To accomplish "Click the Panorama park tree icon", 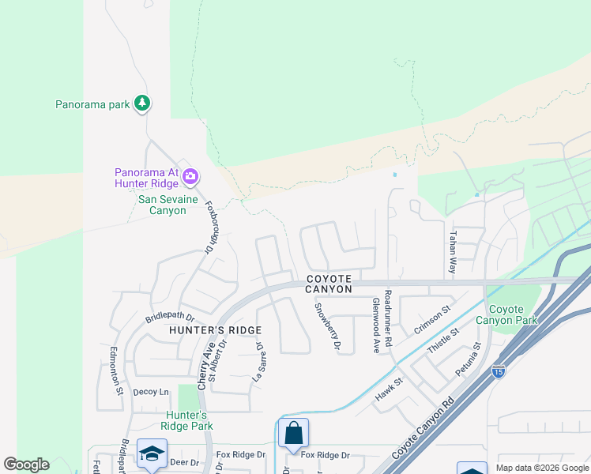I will (142, 103).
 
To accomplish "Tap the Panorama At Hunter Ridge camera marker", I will (190, 175).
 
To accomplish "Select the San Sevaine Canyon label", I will (162, 205).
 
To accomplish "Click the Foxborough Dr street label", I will (211, 226).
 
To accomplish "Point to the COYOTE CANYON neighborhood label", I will (329, 284).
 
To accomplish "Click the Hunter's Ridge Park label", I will (186, 420).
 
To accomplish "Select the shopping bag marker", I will (293, 433).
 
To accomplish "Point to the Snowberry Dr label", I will (327, 327).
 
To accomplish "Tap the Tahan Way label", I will (453, 252).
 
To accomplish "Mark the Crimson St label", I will (431, 320).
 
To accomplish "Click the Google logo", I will (26, 465).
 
